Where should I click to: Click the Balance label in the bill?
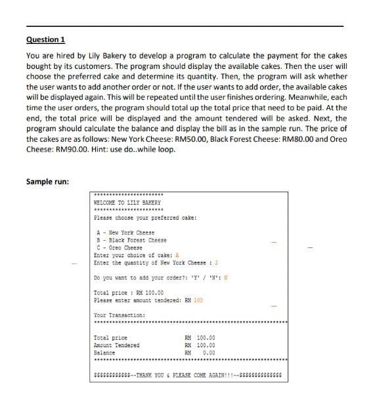click(104, 352)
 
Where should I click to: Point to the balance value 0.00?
click(209, 352)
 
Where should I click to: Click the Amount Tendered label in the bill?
click(117, 345)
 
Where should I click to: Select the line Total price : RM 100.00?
click(129, 293)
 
